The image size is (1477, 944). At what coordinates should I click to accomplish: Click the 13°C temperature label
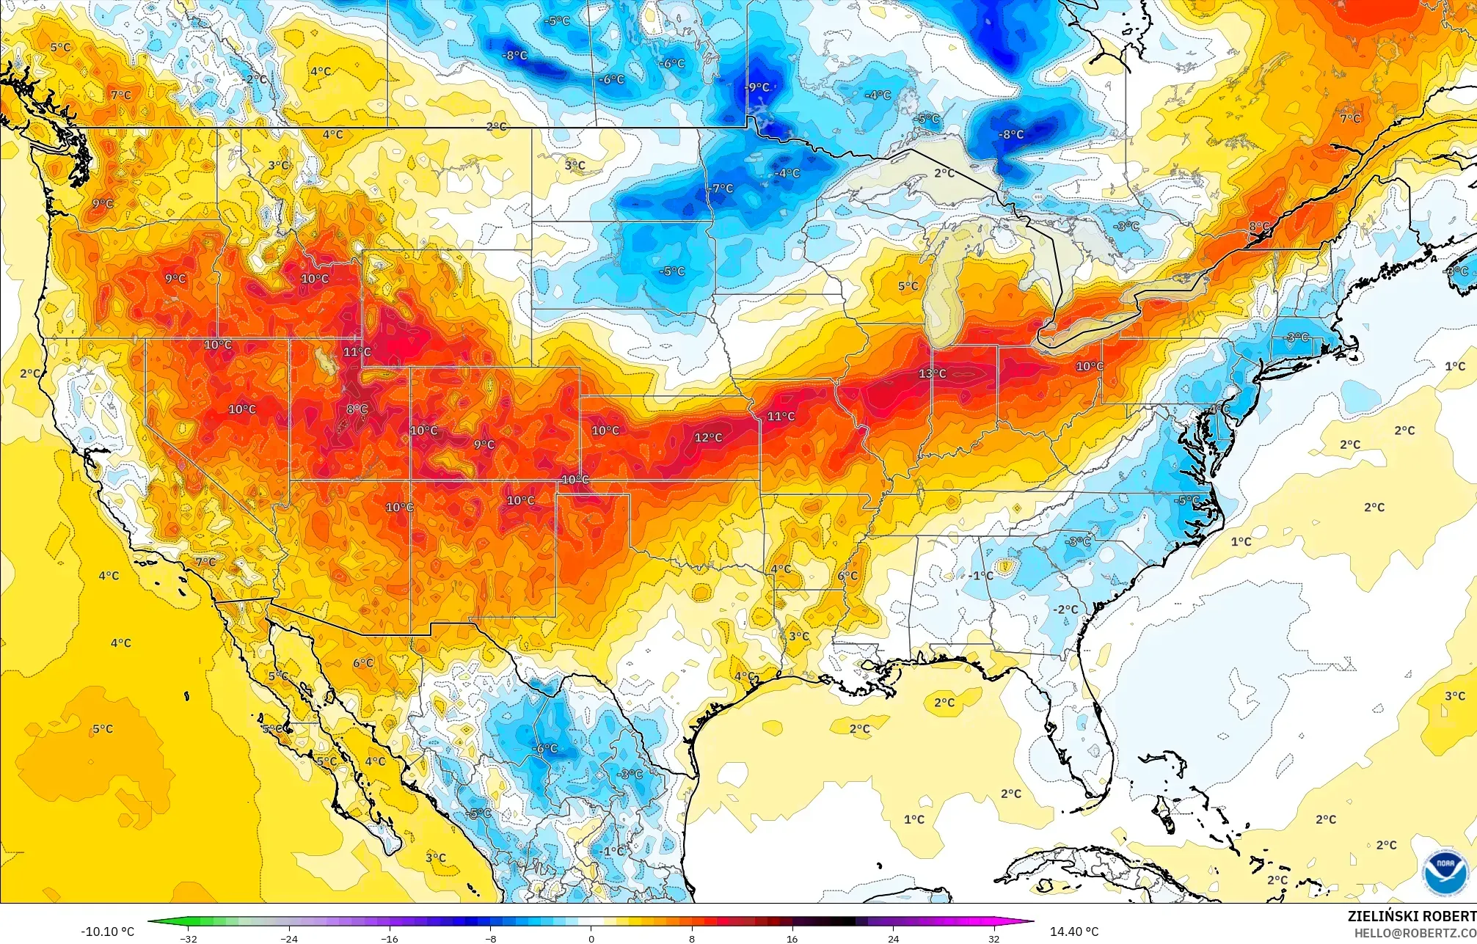[x=932, y=373]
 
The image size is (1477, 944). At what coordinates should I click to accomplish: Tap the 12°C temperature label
[x=708, y=437]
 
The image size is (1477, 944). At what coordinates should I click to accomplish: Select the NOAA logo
[x=1445, y=872]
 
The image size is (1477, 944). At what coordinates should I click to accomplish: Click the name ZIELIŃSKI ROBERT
[x=1411, y=916]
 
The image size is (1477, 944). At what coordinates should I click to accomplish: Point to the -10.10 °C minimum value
[x=107, y=932]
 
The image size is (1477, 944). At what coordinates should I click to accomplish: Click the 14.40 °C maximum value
[x=1074, y=932]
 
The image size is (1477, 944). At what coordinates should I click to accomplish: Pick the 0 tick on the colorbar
[x=591, y=938]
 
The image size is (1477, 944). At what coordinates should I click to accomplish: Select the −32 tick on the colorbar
[x=189, y=938]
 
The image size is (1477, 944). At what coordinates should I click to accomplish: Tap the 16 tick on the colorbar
[x=792, y=938]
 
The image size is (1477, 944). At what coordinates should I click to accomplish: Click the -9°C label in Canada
[x=757, y=87]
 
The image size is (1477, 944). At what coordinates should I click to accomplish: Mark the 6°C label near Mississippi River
[x=847, y=576]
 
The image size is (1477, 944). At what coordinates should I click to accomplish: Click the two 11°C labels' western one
[x=357, y=352]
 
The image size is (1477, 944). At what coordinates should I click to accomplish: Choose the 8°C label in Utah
[x=357, y=409]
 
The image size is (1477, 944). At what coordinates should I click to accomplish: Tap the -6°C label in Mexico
[x=545, y=748]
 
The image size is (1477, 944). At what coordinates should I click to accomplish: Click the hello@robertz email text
[x=1415, y=933]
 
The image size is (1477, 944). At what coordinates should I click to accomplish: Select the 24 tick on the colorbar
[x=893, y=938]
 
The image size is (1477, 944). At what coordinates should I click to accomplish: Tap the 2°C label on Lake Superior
[x=944, y=173]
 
